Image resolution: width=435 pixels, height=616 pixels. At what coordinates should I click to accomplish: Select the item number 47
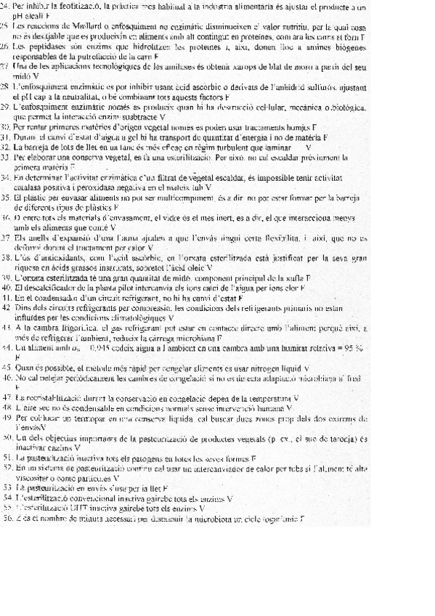(6, 397)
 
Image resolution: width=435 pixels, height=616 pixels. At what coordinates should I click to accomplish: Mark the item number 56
(6, 519)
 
